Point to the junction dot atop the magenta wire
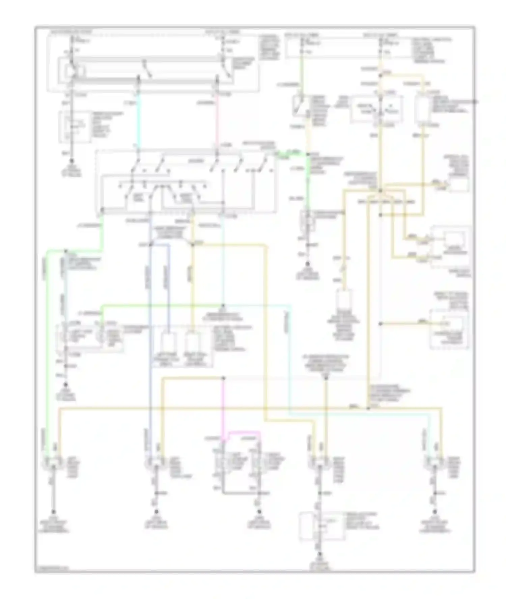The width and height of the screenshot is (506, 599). coord(223,378)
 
